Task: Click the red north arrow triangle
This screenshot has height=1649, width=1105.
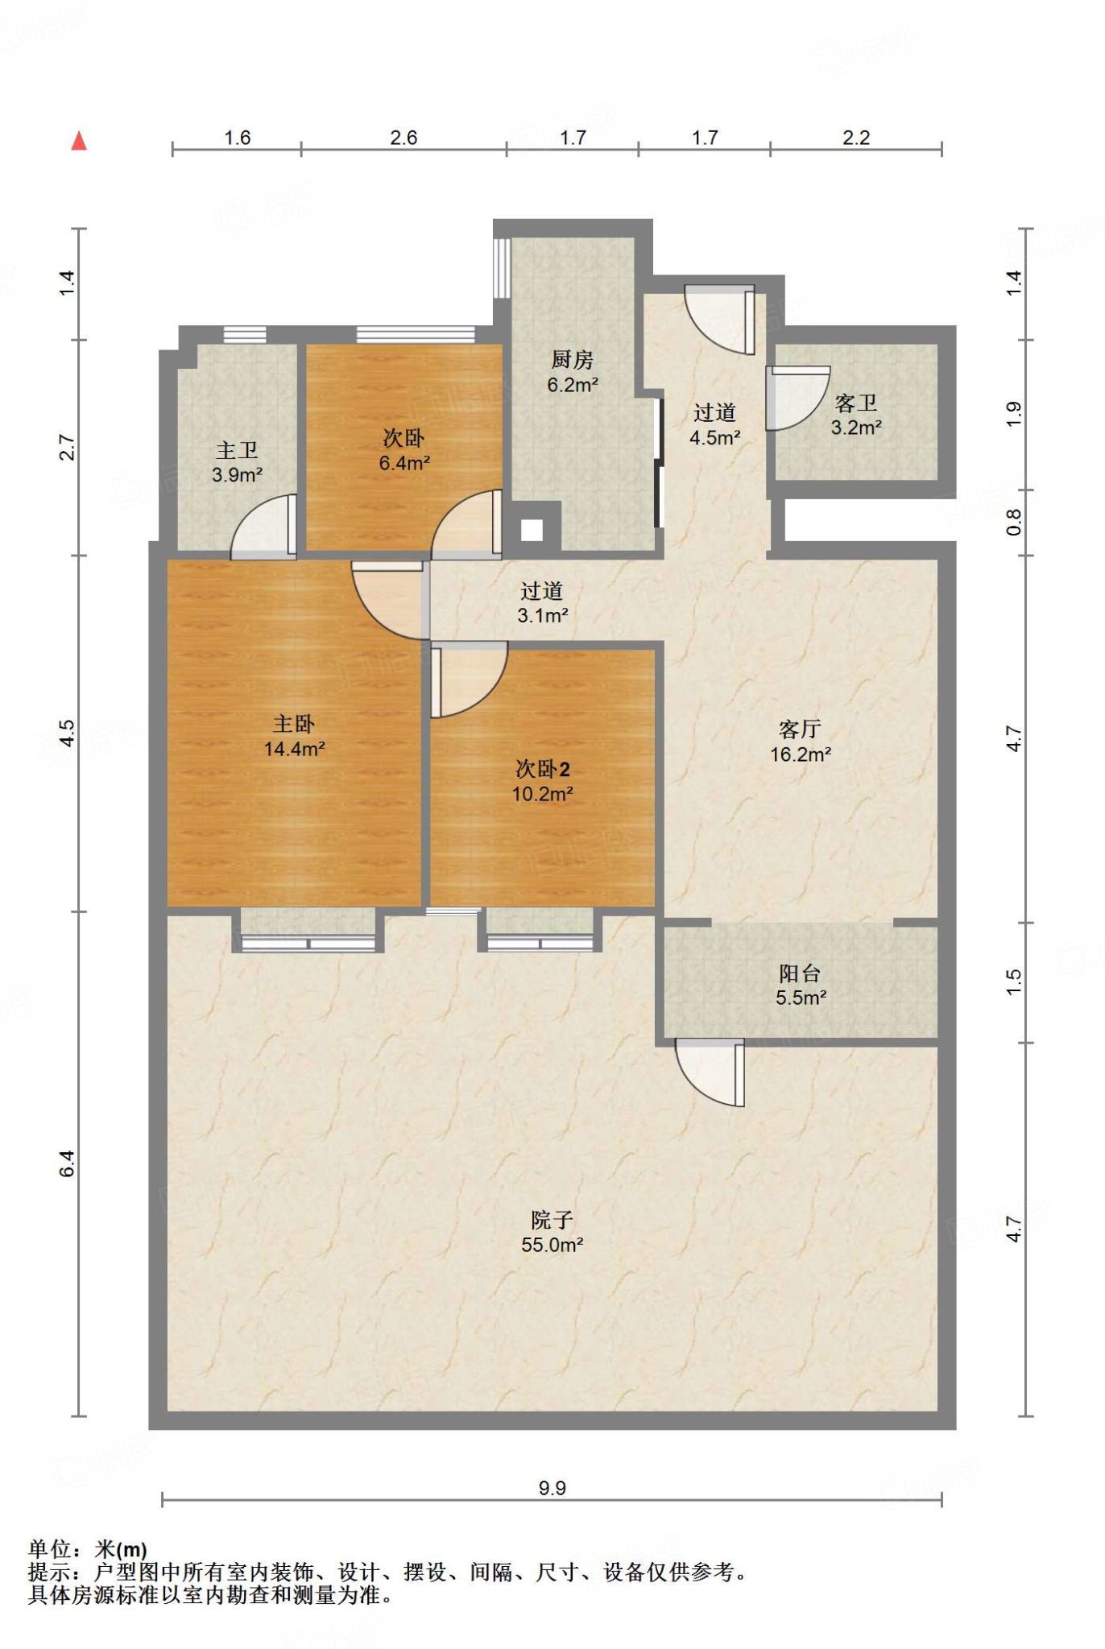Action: (78, 141)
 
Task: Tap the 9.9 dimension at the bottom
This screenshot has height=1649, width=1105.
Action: (552, 1488)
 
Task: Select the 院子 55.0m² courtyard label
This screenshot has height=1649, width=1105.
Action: (552, 1232)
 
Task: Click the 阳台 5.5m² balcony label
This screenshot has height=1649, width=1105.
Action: (801, 986)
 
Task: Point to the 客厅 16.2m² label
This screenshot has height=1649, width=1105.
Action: (801, 742)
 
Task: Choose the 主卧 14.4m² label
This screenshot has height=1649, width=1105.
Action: (294, 736)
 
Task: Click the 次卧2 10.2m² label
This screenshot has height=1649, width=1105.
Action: (542, 781)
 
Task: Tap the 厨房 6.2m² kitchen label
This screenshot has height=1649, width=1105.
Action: (573, 372)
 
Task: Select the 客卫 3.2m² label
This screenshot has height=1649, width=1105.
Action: (856, 415)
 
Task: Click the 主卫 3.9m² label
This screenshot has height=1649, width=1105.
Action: (238, 462)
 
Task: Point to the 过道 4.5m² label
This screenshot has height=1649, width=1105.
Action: (715, 424)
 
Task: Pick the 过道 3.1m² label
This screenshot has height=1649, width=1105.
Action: (543, 603)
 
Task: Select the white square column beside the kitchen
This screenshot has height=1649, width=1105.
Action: (532, 530)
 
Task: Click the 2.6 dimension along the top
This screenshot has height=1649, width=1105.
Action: (404, 138)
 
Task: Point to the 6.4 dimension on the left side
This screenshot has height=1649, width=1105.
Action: (67, 1163)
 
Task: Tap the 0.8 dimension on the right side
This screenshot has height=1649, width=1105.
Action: (1014, 522)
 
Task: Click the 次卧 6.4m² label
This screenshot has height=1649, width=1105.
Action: (404, 450)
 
